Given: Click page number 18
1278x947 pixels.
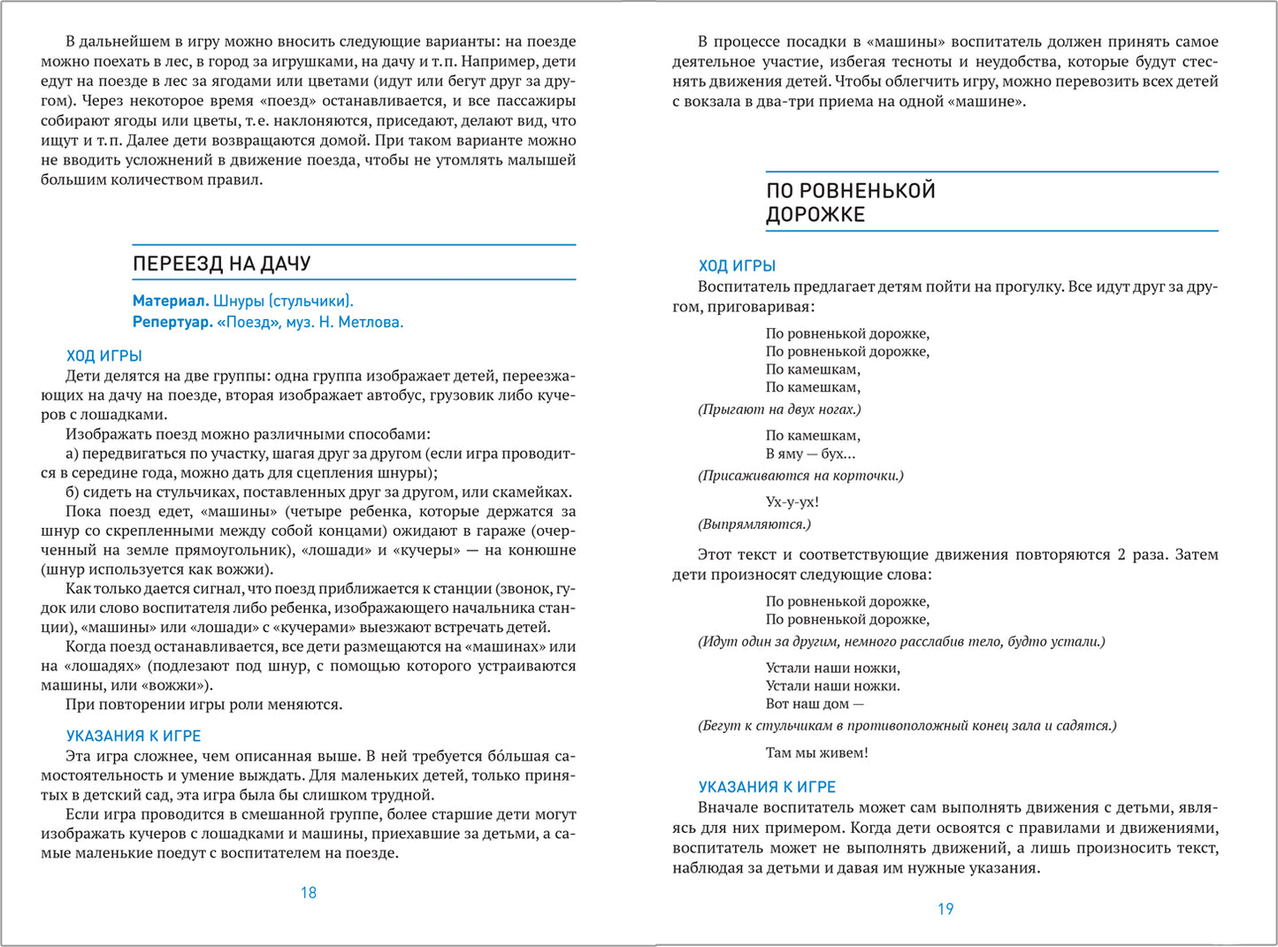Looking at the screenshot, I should pyautogui.click(x=309, y=892).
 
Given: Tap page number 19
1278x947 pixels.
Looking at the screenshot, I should pyautogui.click(x=945, y=908).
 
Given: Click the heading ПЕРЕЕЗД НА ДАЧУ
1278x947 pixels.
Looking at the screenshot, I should pyautogui.click(x=221, y=263).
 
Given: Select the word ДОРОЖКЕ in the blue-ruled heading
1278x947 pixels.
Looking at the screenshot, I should pyautogui.click(x=815, y=215).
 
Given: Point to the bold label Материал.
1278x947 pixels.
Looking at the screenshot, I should pyautogui.click(x=171, y=301).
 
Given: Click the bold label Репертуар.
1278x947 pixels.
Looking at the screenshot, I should pyautogui.click(x=173, y=322).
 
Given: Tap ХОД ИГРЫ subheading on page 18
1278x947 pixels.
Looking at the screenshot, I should pyautogui.click(x=104, y=355).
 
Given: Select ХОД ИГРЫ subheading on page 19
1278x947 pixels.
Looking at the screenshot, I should pyautogui.click(x=737, y=265).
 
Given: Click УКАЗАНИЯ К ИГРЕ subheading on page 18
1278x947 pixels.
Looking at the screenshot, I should pyautogui.click(x=134, y=736).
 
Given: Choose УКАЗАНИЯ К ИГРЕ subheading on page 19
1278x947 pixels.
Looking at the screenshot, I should pyautogui.click(x=767, y=787).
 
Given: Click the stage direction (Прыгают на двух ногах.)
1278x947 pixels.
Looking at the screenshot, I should pyautogui.click(x=779, y=409).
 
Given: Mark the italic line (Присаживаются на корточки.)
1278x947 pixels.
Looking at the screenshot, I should pyautogui.click(x=800, y=476).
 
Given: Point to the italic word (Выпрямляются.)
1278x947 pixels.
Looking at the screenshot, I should pyautogui.click(x=754, y=524).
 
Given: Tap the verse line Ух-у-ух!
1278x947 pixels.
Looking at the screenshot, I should pyautogui.click(x=792, y=502).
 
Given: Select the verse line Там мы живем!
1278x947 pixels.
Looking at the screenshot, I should pyautogui.click(x=817, y=752).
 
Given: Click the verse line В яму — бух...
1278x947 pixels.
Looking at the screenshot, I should pyautogui.click(x=810, y=454).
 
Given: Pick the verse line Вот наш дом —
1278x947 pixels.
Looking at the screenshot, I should pyautogui.click(x=815, y=704).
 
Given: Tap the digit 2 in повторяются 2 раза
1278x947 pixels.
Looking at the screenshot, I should pyautogui.click(x=1122, y=554).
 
